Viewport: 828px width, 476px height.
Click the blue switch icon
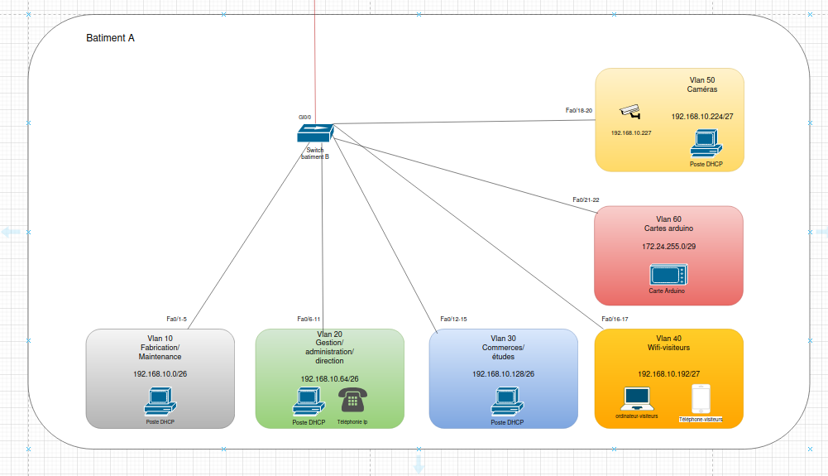click(315, 133)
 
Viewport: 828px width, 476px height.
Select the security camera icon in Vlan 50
click(630, 112)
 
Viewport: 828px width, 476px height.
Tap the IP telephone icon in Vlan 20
click(352, 400)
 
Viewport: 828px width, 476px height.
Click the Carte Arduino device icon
click(668, 275)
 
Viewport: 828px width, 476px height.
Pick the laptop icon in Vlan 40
click(637, 399)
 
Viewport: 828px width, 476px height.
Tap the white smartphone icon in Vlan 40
click(701, 399)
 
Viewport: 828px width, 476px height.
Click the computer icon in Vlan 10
click(160, 401)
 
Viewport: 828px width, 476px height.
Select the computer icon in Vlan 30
click(507, 401)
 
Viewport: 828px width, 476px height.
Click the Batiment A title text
click(110, 38)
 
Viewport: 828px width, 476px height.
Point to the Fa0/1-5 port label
click(176, 319)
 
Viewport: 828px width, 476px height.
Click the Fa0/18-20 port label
click(579, 110)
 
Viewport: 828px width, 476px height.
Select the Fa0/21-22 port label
click(586, 200)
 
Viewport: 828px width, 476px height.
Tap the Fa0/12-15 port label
click(453, 319)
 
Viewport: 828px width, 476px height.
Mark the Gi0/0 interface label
click(304, 118)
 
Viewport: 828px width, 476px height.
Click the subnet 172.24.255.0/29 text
click(668, 246)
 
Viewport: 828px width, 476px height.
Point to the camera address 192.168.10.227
click(631, 132)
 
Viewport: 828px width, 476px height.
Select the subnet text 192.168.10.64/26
click(329, 379)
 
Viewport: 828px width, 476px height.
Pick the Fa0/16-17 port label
click(615, 319)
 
